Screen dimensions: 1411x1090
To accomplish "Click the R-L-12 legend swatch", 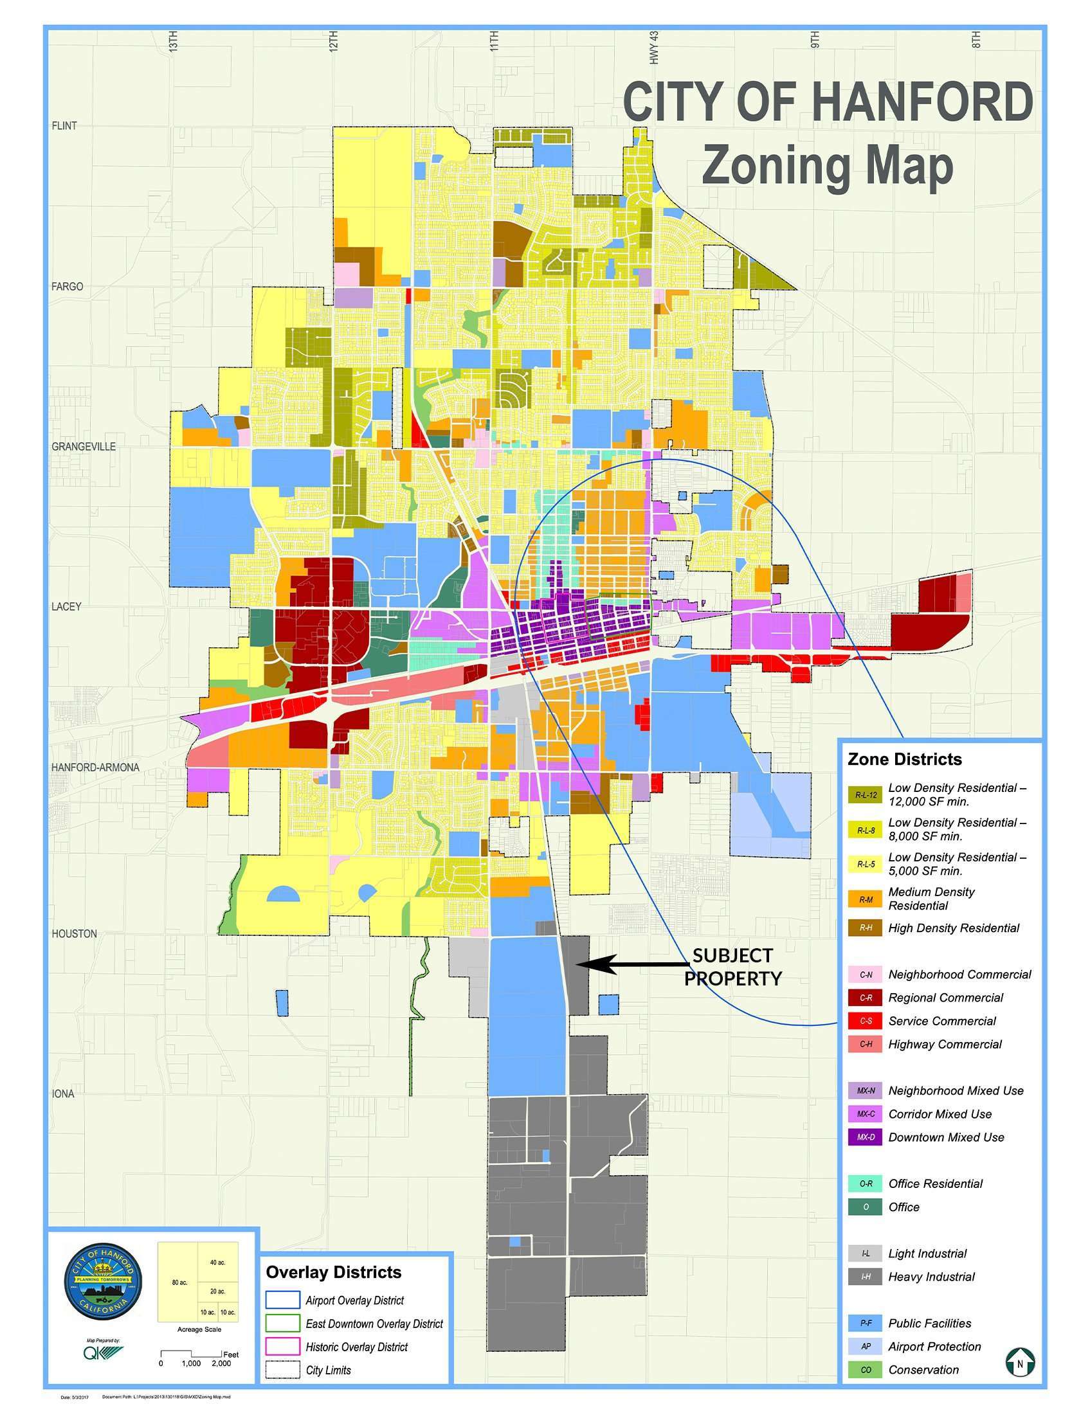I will (865, 795).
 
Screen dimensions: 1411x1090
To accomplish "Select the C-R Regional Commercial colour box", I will (865, 998).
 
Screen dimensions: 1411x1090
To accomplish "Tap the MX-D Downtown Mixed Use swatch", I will (865, 1137).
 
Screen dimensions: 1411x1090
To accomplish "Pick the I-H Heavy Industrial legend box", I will (865, 1277).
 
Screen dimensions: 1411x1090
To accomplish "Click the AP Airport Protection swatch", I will (865, 1346).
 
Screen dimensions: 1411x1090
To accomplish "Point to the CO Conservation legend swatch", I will (865, 1370).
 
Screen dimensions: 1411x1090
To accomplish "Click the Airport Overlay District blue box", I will (283, 1300).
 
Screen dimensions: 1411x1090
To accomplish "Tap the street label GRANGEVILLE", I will (84, 446).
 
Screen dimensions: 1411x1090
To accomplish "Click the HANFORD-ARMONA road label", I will (95, 767).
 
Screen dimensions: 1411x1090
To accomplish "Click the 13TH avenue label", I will (172, 40).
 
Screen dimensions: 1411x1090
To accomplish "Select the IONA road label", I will (64, 1094).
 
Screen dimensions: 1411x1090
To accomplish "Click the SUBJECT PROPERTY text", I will (732, 967).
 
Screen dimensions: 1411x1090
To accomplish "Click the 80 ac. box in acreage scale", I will (179, 1282).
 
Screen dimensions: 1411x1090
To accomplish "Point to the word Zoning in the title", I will (776, 166).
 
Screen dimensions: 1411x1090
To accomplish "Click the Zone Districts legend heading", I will (904, 759).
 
